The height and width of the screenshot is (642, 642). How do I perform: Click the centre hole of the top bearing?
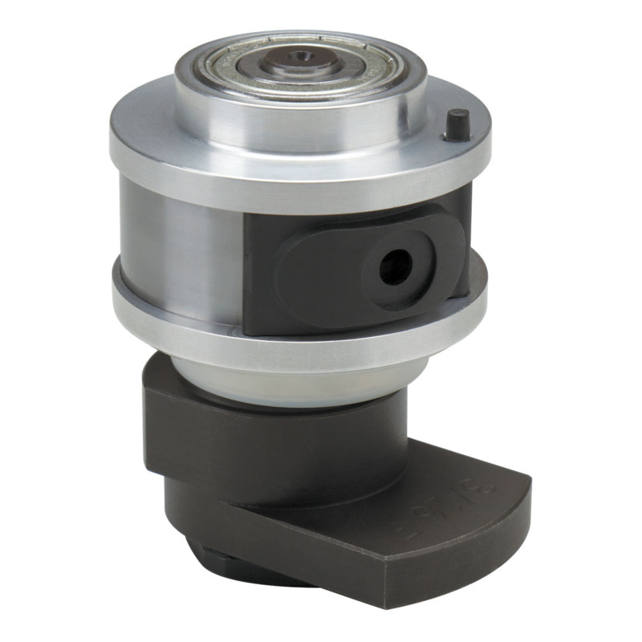click(x=299, y=57)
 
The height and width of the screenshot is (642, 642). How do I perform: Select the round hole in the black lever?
click(x=395, y=264)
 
